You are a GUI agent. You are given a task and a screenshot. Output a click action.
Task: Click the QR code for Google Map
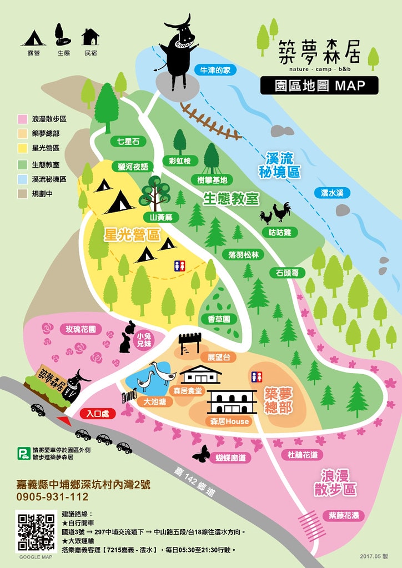point(37,532)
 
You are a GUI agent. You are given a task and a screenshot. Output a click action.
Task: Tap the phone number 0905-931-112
point(53,496)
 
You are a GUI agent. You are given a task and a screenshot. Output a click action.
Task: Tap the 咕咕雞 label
point(280,232)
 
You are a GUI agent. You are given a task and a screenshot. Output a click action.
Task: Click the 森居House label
point(230,421)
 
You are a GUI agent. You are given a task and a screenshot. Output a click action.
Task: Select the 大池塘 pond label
point(155,401)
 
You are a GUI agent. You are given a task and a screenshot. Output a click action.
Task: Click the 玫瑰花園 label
point(81,329)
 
